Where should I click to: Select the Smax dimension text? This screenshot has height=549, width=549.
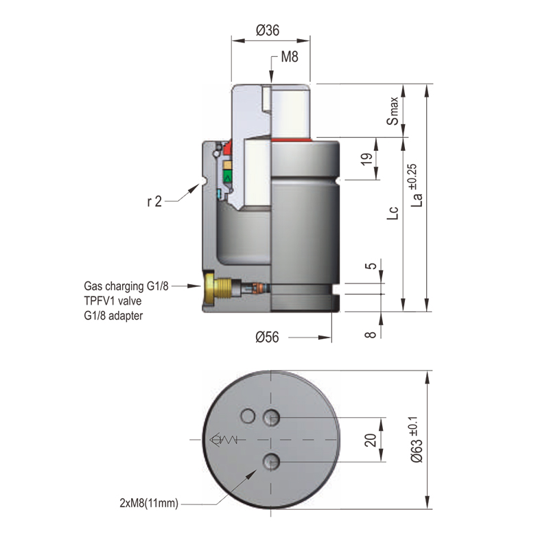[x=392, y=110]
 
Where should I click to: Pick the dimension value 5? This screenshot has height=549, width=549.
[x=371, y=267]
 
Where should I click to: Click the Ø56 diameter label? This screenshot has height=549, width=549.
[x=270, y=337]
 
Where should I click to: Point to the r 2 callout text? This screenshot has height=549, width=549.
[x=154, y=202]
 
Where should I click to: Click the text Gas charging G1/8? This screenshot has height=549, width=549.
[x=126, y=285]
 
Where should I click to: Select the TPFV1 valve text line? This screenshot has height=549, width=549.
[x=115, y=300]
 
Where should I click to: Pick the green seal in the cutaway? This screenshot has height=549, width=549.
[x=228, y=176]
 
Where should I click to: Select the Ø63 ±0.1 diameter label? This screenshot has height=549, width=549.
[x=416, y=440]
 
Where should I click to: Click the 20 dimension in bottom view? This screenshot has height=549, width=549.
[x=371, y=440]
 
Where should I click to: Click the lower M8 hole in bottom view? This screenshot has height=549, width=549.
[x=272, y=462]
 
